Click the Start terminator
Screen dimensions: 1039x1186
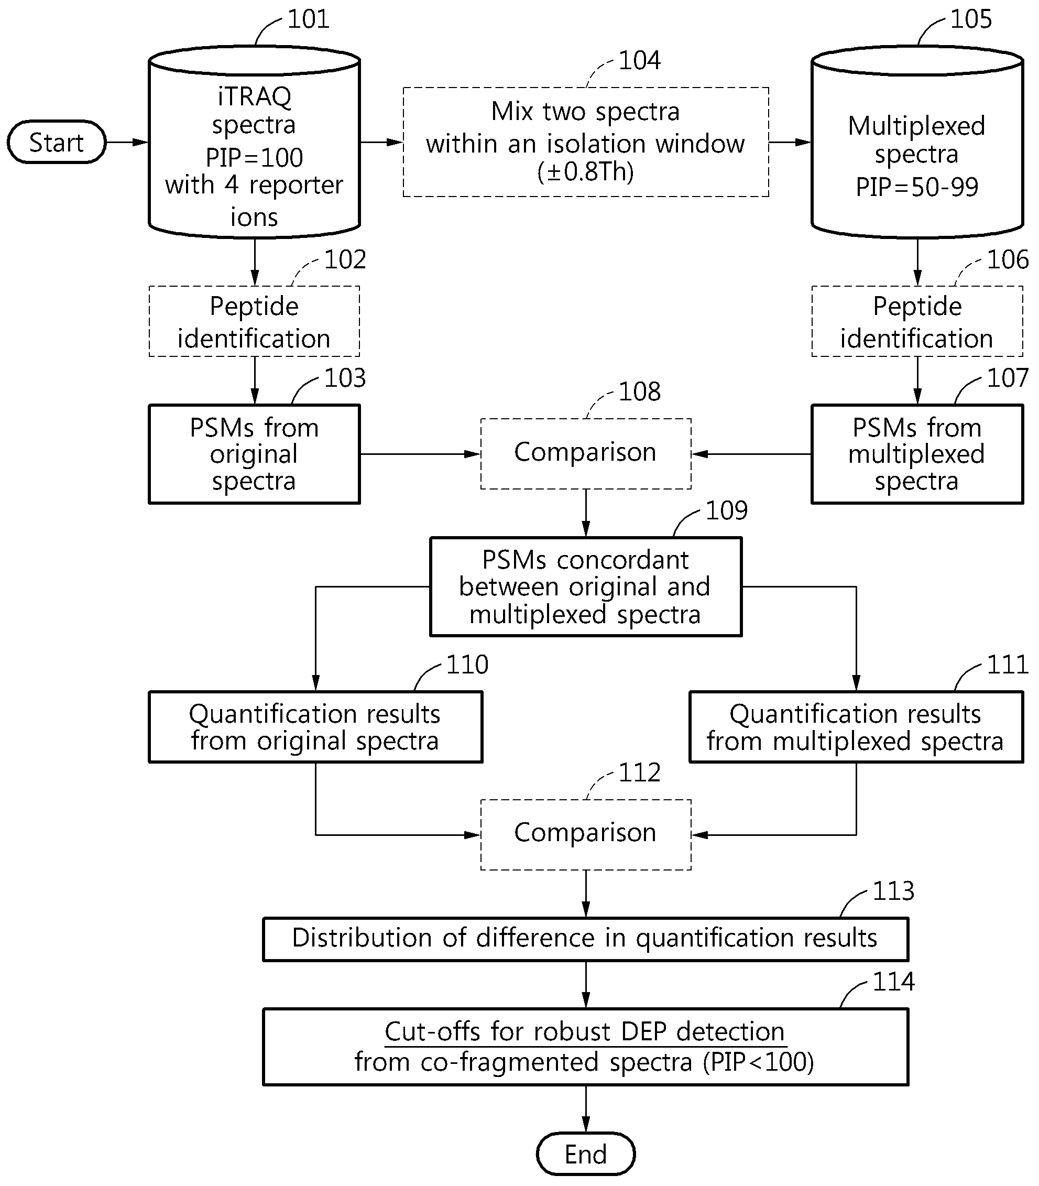56,142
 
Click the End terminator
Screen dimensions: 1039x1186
586,1154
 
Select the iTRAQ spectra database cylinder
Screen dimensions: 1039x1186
255,142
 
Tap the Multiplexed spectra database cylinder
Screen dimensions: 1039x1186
917,142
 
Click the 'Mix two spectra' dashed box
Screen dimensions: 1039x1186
586,142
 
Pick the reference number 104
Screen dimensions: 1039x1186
640,60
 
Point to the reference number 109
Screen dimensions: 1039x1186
727,510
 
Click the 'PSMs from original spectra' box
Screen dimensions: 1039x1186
255,454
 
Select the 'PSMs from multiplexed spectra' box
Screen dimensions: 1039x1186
917,454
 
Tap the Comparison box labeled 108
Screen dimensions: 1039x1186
586,453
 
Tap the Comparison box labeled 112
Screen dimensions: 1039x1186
586,834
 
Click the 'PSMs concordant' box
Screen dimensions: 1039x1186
586,587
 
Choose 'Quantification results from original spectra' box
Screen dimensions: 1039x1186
315,727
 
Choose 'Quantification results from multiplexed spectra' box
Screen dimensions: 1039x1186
856,727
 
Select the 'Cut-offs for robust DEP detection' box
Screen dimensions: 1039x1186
586,1047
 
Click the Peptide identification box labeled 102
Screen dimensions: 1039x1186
255,321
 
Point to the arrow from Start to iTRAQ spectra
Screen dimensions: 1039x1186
127,142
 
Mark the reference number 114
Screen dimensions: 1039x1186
893,982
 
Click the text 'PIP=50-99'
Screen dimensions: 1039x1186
917,187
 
